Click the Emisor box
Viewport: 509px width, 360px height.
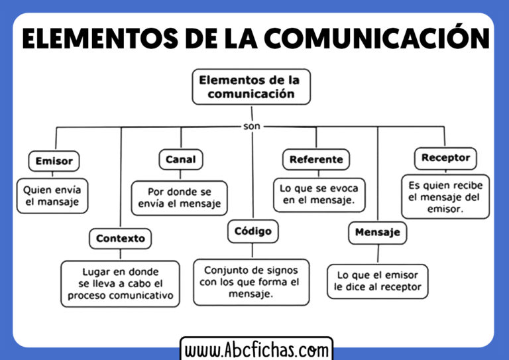click(x=54, y=161)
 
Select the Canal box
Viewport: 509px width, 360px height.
click(x=181, y=159)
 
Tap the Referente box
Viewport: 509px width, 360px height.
click(x=316, y=159)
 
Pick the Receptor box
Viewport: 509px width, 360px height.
click(x=445, y=158)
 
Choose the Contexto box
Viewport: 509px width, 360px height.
click(x=121, y=239)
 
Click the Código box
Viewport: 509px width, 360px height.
click(x=253, y=231)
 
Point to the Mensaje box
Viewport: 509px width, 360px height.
click(x=378, y=233)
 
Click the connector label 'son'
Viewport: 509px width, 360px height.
click(x=252, y=126)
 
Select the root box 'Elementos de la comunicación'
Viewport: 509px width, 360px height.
click(x=251, y=87)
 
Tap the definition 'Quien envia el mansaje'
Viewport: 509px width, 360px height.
click(x=52, y=196)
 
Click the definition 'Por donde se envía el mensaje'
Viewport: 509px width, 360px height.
click(x=179, y=198)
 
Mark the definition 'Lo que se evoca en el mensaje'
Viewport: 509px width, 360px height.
click(x=319, y=195)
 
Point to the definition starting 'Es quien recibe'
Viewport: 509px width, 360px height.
click(x=445, y=197)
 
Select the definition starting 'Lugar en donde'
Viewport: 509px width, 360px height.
click(x=120, y=284)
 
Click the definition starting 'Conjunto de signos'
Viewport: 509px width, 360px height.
click(x=251, y=282)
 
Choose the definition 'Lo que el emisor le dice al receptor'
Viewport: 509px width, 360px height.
click(x=378, y=282)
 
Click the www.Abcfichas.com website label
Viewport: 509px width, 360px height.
click(x=256, y=350)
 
